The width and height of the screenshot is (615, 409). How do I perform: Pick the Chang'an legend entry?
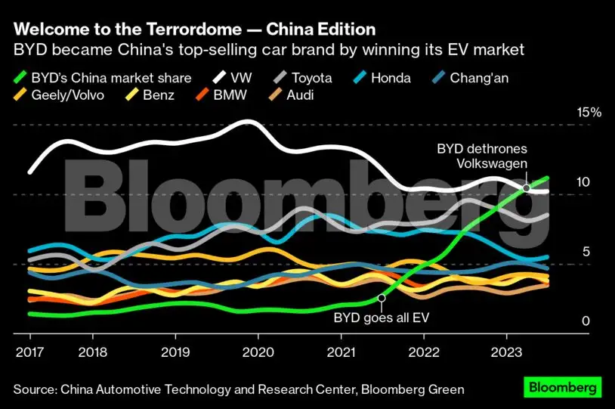coord(476,77)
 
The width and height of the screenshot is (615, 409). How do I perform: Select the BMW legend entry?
coord(222,95)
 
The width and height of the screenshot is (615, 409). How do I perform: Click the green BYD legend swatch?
coord(22,77)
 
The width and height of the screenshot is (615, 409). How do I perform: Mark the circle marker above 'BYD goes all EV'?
coord(382,299)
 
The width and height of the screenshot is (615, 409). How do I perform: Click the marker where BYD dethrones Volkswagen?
coord(526,187)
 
